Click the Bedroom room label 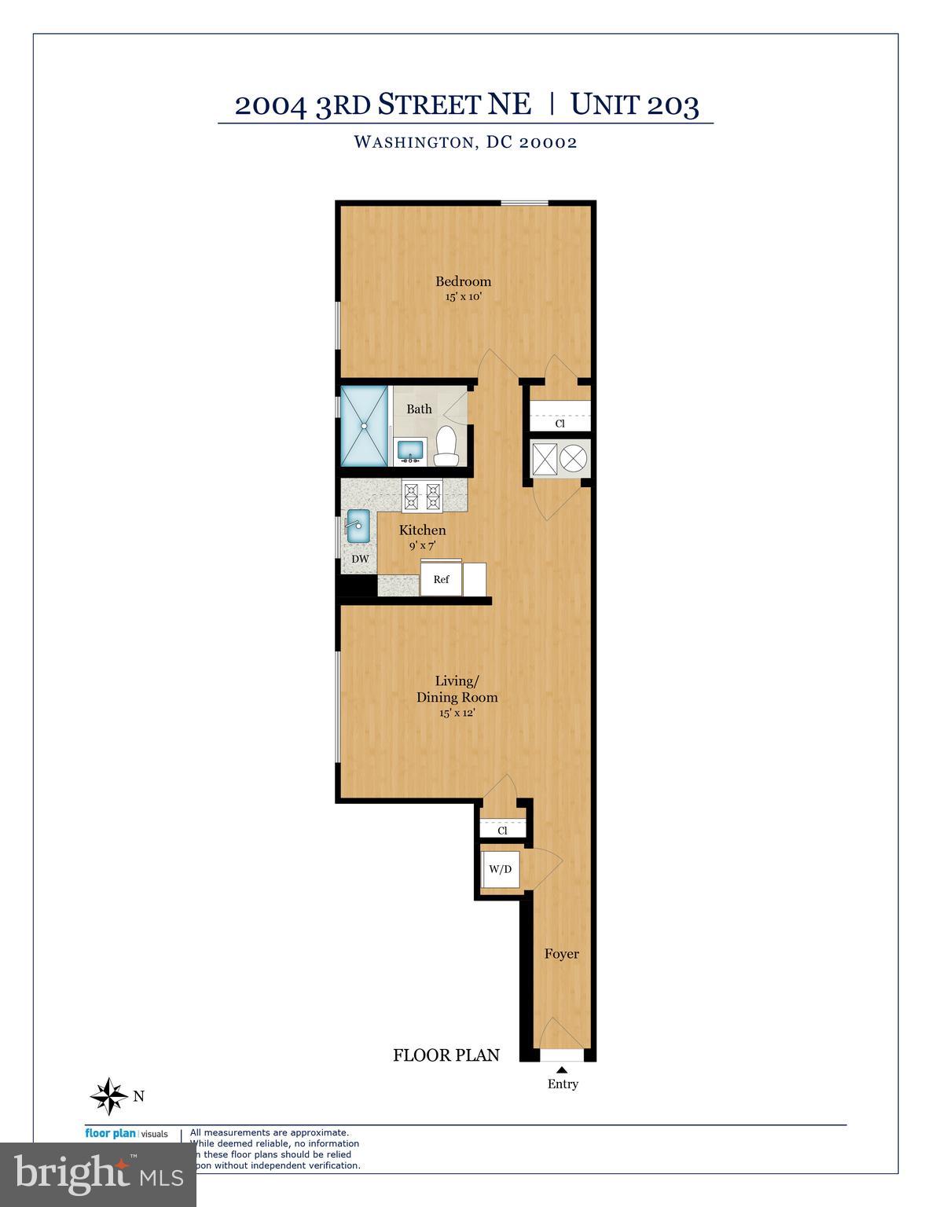point(463,281)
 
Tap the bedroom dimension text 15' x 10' point(463,298)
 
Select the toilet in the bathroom point(446,445)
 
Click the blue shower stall point(365,425)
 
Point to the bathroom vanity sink point(409,450)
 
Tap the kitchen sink point(358,525)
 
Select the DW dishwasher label point(360,559)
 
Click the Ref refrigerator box point(441,579)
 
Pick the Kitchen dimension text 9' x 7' point(422,545)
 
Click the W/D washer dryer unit point(500,869)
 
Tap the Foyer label point(562,954)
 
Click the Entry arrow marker point(562,1069)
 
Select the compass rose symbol point(108,1096)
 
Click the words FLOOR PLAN point(446,1055)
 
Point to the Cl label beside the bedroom point(560,424)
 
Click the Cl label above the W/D point(502,831)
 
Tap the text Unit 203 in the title point(634,105)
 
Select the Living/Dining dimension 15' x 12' point(457,714)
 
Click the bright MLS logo point(97,1174)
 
